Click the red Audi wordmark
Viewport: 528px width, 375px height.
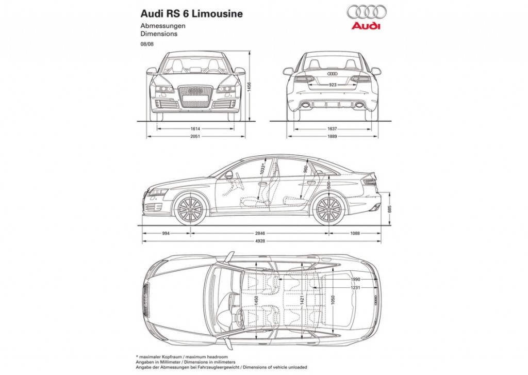366,25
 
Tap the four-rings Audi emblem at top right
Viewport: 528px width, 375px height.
366,12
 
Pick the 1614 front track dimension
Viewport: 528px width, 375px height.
195,128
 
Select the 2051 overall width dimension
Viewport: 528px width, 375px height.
195,137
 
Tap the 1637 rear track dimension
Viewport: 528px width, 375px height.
332,128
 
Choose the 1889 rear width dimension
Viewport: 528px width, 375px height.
332,137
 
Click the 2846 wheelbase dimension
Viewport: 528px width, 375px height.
260,233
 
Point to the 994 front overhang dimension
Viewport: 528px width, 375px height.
166,233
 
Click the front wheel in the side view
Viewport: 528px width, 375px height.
191,209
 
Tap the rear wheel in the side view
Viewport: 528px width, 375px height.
329,209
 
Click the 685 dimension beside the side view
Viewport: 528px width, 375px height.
390,209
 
